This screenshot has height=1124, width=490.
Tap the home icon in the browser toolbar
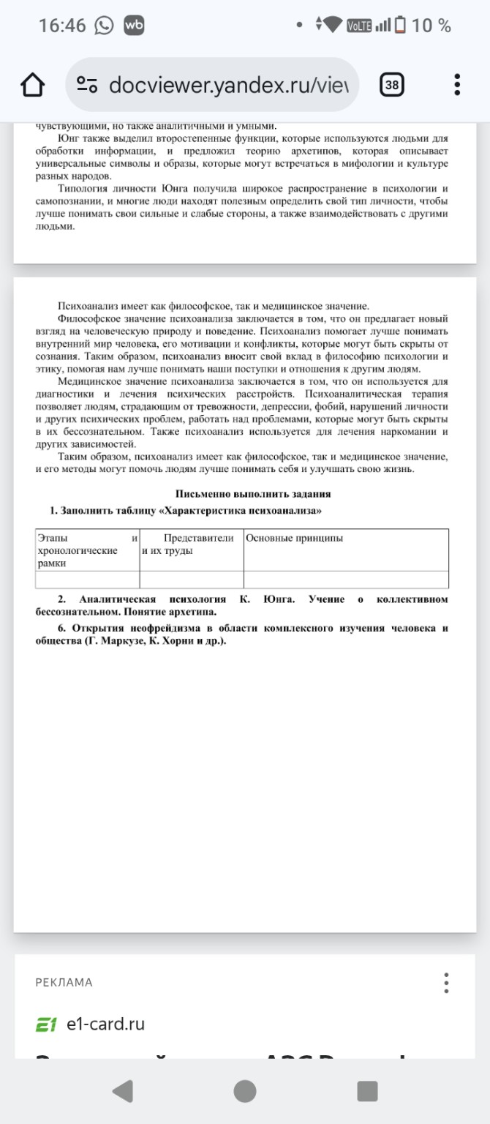33,85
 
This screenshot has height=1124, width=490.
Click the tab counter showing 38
392,85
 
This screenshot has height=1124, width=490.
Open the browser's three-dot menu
457,85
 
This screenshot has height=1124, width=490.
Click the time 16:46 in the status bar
62,26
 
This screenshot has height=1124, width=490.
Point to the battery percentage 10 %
431,26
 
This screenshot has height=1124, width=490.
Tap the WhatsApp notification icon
105,26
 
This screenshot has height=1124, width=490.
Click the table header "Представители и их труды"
192,544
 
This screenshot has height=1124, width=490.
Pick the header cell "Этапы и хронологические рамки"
87,550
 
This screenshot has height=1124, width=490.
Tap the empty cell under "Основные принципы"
345,580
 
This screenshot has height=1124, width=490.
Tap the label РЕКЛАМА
64,982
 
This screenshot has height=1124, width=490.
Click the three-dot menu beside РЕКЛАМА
446,982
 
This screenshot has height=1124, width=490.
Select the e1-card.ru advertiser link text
105,1024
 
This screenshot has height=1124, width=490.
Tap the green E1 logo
46,1024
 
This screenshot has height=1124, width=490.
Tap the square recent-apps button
367,1091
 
